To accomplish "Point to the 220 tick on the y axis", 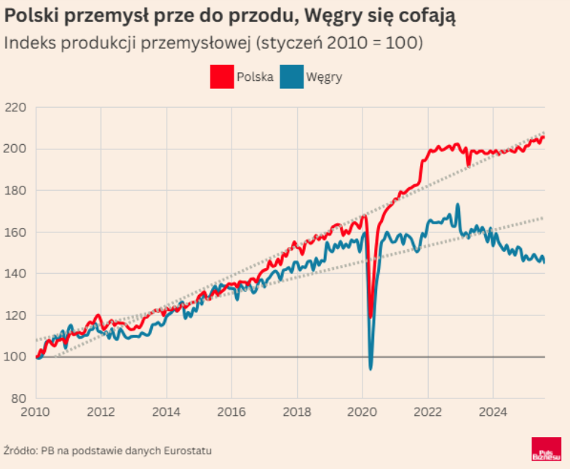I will pyautogui.click(x=15, y=108).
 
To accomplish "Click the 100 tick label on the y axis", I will pyautogui.click(x=15, y=357).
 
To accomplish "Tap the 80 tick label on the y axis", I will pyautogui.click(x=18, y=399).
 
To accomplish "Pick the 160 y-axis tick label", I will pyautogui.click(x=15, y=232).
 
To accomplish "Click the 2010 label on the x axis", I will pyautogui.click(x=36, y=412).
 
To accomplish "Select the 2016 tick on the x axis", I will pyautogui.click(x=231, y=412).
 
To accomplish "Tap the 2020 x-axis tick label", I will pyautogui.click(x=362, y=412).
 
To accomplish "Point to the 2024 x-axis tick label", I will pyautogui.click(x=491, y=412).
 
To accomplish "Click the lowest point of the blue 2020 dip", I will pyautogui.click(x=371, y=368).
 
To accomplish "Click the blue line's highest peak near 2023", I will pyautogui.click(x=458, y=205).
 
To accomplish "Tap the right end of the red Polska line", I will pyautogui.click(x=544, y=138).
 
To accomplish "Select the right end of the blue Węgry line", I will pyautogui.click(x=544, y=262).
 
